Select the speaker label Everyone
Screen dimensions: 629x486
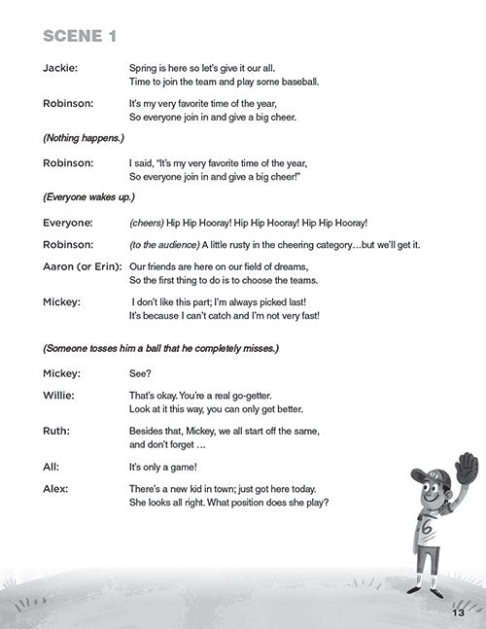[x=68, y=223]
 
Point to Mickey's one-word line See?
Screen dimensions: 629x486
[x=141, y=373]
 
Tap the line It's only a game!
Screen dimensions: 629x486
[x=167, y=467]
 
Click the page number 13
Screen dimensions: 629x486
[x=459, y=612]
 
